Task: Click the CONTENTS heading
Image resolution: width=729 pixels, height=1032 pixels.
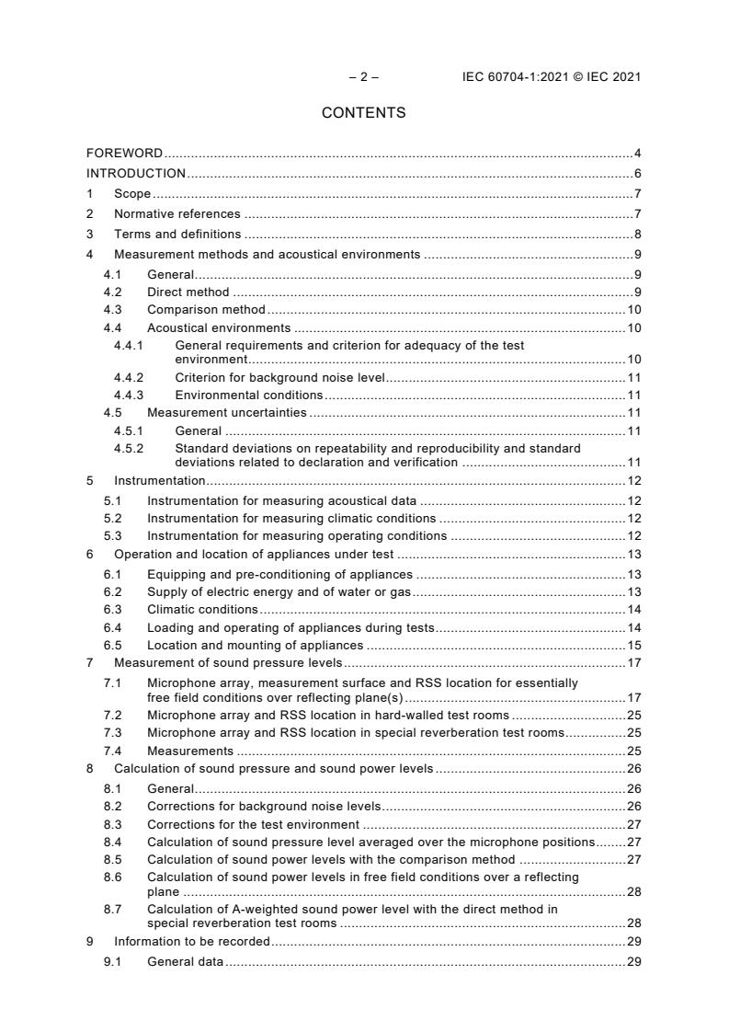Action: pyautogui.click(x=363, y=113)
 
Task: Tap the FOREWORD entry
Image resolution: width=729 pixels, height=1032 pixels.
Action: pyautogui.click(x=124, y=153)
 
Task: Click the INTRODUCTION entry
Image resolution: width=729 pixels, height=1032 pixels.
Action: pyautogui.click(x=136, y=173)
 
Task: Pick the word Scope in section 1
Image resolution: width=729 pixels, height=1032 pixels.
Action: pyautogui.click(x=132, y=193)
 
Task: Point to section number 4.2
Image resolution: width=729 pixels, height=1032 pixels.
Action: pyautogui.click(x=112, y=292)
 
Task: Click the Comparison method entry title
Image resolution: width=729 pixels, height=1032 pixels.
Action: pyautogui.click(x=206, y=310)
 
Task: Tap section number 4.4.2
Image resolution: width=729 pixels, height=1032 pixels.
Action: pyautogui.click(x=129, y=377)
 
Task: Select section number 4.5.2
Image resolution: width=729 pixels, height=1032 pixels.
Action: pyautogui.click(x=129, y=448)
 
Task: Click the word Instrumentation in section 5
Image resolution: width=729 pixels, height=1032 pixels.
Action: pyautogui.click(x=159, y=480)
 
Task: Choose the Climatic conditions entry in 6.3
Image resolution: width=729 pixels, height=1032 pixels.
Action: pyautogui.click(x=202, y=609)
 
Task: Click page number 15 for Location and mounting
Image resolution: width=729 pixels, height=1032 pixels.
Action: pyautogui.click(x=633, y=645)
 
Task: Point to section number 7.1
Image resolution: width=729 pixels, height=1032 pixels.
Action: pyautogui.click(x=112, y=682)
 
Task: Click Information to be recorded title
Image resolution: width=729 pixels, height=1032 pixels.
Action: pyautogui.click(x=191, y=941)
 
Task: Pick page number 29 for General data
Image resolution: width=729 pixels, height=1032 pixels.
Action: pyautogui.click(x=633, y=961)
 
